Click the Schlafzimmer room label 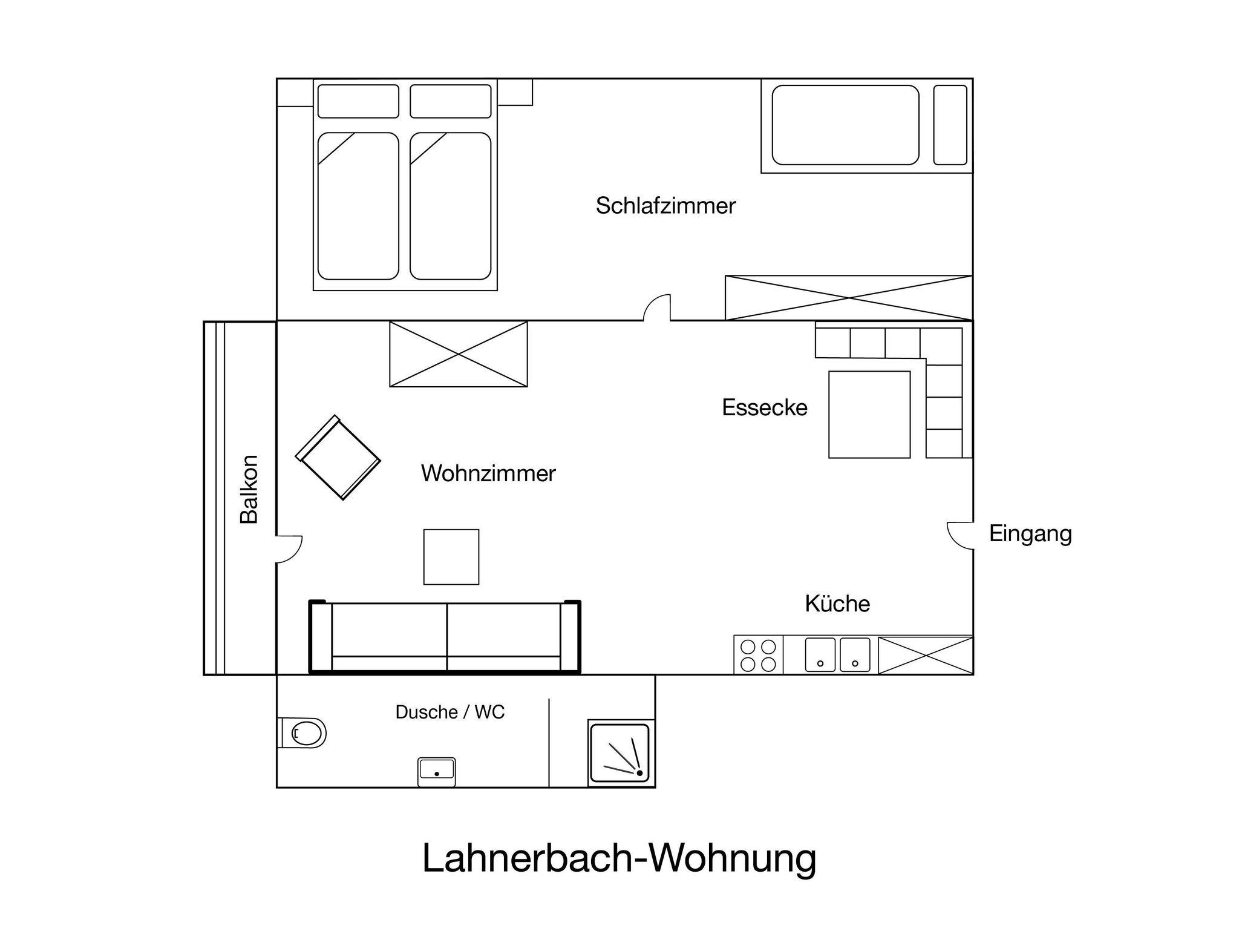665,206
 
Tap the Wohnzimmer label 488,473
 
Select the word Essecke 765,407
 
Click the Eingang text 1030,534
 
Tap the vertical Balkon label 249,489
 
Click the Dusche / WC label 450,712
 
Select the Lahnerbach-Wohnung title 619,858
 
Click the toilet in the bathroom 302,733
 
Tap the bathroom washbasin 436,772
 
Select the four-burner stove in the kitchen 759,655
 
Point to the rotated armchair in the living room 338,458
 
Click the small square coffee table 451,557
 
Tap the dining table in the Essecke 869,415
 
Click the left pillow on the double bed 358,101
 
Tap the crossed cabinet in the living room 459,354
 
